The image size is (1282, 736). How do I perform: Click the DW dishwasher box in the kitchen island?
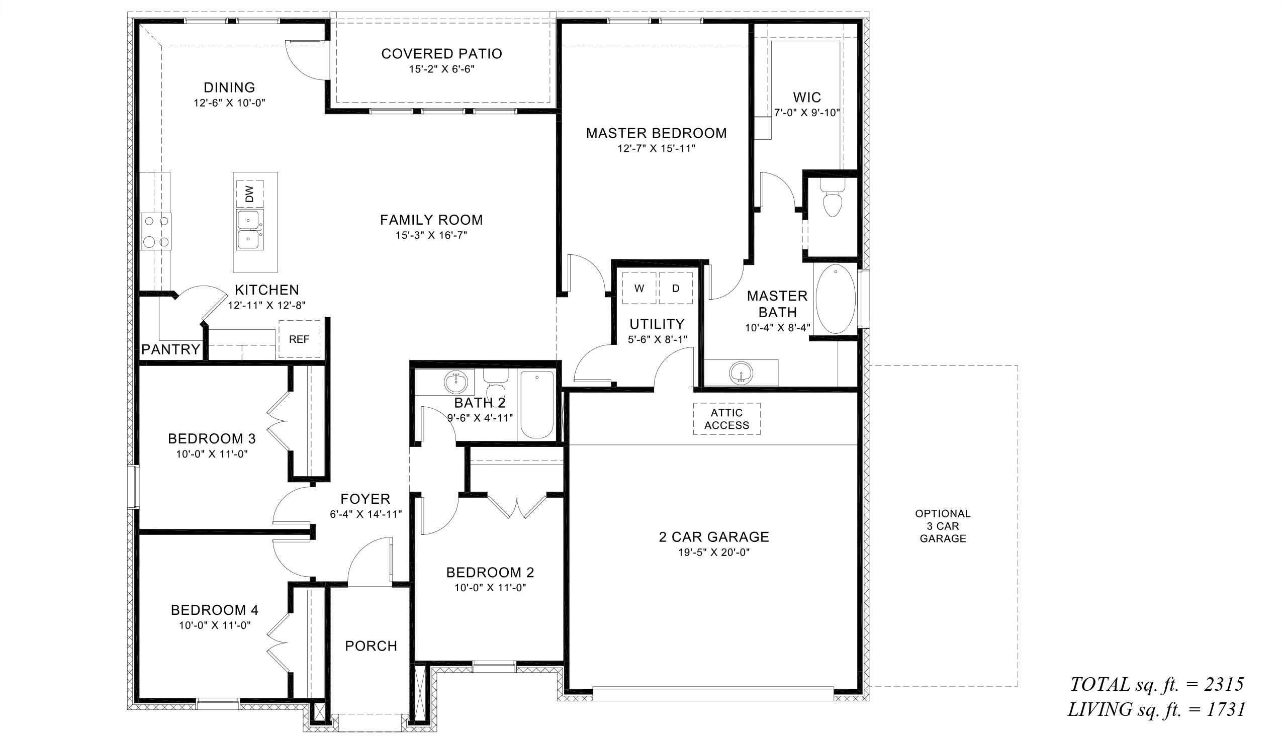(x=250, y=194)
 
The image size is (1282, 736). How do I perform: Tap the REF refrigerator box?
(x=299, y=339)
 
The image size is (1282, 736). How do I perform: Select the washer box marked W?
(x=639, y=288)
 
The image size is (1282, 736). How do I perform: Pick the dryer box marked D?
(x=676, y=288)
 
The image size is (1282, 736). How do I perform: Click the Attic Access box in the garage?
(x=726, y=419)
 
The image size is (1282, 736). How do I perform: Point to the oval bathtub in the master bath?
(x=835, y=299)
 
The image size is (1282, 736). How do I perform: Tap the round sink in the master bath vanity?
(x=741, y=373)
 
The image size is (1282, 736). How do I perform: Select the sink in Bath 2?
(x=456, y=382)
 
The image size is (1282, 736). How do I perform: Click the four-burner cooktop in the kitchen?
(x=156, y=232)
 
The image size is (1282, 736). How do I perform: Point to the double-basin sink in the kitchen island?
(x=250, y=230)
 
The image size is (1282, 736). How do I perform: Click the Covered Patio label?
(x=442, y=54)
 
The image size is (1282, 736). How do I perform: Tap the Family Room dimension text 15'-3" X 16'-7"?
(x=431, y=235)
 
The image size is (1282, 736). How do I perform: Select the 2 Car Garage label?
(x=714, y=537)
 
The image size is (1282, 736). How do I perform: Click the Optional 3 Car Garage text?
(x=943, y=526)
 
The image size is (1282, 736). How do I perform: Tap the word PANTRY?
(x=171, y=349)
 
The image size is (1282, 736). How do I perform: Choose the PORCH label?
(x=371, y=646)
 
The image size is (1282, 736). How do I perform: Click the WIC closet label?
(x=807, y=97)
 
